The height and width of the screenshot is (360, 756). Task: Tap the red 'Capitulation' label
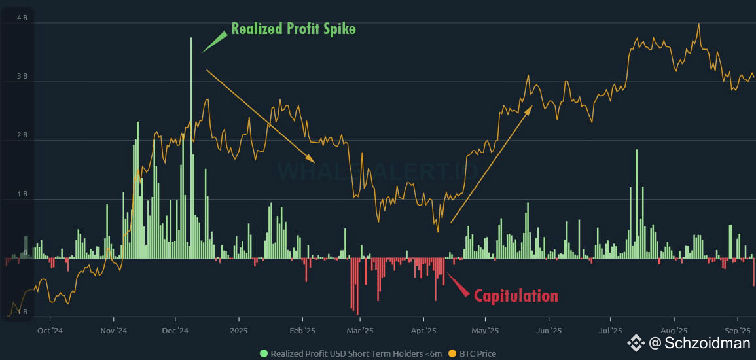[x=516, y=296]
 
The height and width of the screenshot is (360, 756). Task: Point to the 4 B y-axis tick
[x=22, y=18]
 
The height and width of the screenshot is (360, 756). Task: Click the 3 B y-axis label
[x=22, y=77]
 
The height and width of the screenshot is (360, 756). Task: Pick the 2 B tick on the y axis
[x=22, y=135]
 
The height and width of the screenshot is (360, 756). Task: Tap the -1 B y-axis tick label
[x=20, y=312]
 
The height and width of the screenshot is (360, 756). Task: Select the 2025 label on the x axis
[x=239, y=331]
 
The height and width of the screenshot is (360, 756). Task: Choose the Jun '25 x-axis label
[x=550, y=331]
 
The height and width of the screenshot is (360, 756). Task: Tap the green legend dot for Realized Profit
[x=264, y=353]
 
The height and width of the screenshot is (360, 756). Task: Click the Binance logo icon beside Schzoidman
[x=636, y=342]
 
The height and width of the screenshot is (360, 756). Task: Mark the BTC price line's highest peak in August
[x=699, y=24]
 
